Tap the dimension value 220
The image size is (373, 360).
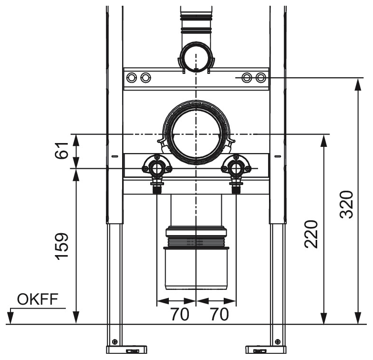coord(311,234)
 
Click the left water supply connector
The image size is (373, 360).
coord(156,168)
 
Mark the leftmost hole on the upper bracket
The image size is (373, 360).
coord(133,77)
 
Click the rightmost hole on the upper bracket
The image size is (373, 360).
coord(260,77)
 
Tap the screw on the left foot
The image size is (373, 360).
coord(114,341)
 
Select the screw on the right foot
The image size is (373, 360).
coord(277,341)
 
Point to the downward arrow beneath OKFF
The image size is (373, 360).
coord(10,316)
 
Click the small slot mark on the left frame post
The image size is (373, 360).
coord(114,156)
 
